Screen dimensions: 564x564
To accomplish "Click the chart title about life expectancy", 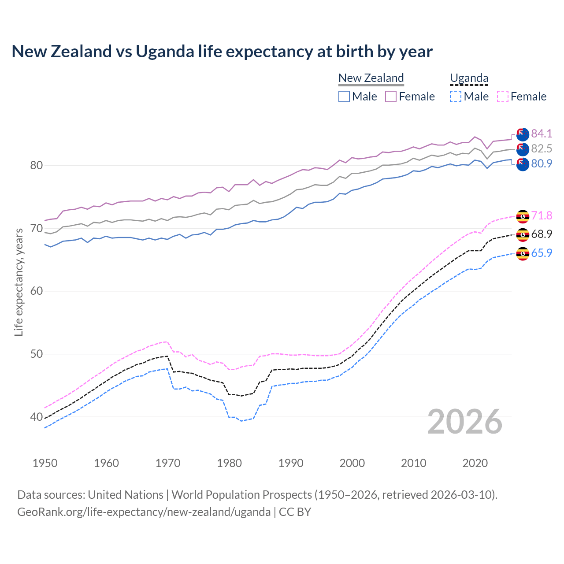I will point(222,52).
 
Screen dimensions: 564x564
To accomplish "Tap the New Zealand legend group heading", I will point(371,78).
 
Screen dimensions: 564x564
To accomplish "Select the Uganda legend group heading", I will point(469,78).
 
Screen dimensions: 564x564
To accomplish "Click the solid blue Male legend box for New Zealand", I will point(344,96).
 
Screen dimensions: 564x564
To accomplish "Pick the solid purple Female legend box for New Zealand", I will point(391,96).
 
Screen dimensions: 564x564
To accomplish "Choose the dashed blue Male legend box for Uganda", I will point(456,96).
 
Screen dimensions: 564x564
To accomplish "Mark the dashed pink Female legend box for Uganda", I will point(502,96).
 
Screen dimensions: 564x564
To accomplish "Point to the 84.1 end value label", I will point(542,134).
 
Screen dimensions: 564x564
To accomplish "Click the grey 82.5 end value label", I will point(542,148).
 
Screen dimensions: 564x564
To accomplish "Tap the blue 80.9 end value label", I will point(542,163).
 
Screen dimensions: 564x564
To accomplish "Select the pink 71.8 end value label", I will point(542,215).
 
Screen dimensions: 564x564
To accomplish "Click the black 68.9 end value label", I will point(542,234).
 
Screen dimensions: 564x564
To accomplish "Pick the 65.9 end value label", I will point(542,253).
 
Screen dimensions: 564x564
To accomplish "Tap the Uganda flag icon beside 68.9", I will point(523,235).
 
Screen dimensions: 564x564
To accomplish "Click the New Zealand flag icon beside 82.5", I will point(523,149).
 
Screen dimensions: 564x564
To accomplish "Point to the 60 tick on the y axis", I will point(36,291).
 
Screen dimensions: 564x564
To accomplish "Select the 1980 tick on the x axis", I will point(230,463).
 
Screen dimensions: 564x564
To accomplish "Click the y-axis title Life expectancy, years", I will point(19,282).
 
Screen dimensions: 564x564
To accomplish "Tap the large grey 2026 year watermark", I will point(465,422).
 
